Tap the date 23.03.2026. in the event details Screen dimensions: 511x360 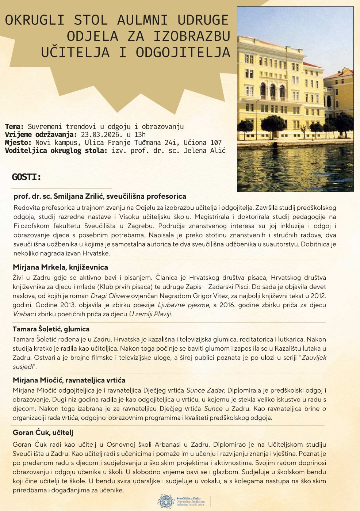[100, 134]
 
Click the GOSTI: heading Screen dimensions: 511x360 [27, 177]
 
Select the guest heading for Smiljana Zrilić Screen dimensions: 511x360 [100, 196]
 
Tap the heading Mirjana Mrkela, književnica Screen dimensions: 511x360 [60, 267]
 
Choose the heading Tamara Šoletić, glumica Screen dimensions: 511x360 [51, 329]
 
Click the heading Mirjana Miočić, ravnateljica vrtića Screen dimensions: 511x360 [69, 380]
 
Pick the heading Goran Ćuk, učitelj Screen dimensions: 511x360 [43, 432]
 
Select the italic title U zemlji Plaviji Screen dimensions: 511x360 [150, 314]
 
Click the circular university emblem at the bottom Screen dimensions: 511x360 [165, 501]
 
